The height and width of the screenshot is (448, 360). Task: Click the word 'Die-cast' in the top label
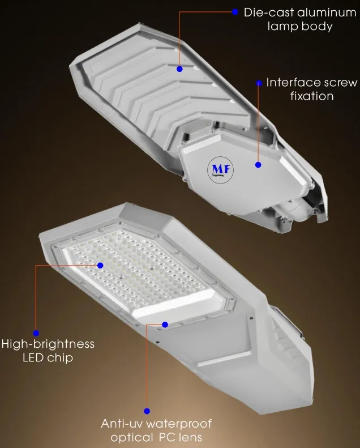(x=268, y=12)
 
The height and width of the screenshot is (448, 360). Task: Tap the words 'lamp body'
(x=299, y=26)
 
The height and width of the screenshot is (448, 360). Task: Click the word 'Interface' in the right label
(x=293, y=83)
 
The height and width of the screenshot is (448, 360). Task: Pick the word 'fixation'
(x=312, y=96)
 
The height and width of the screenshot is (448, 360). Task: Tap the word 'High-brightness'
(x=48, y=344)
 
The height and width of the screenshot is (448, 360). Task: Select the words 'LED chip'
(x=48, y=358)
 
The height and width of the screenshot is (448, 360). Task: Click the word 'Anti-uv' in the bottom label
(x=122, y=424)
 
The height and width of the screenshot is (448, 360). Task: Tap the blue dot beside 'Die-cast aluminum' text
(x=235, y=11)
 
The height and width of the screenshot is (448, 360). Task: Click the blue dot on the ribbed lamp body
(x=179, y=69)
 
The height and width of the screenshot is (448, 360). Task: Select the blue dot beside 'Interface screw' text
(x=259, y=83)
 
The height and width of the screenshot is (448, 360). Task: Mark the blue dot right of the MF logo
(x=258, y=165)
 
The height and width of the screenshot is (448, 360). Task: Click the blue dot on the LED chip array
(x=101, y=264)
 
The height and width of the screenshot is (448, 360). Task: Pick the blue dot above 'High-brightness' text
(x=36, y=333)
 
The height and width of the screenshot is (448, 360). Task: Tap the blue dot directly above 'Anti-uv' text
(x=147, y=412)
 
